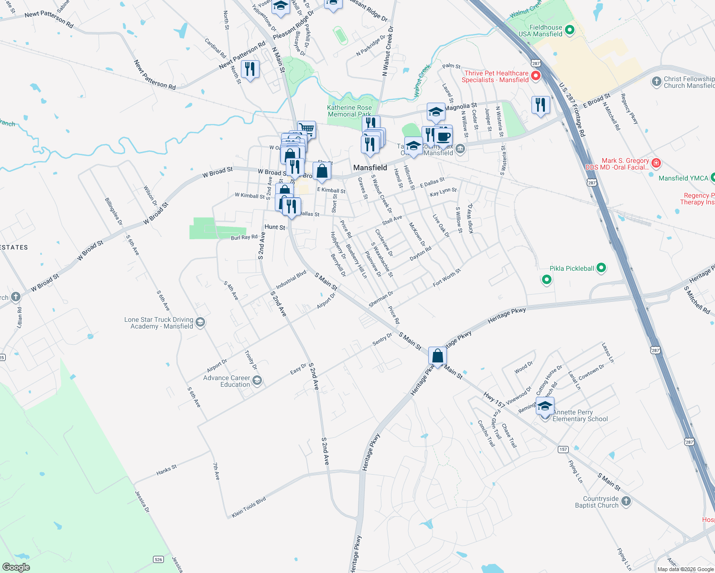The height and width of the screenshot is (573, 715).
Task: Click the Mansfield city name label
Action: click(x=370, y=168)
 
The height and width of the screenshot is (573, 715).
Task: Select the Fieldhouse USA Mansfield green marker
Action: click(x=569, y=31)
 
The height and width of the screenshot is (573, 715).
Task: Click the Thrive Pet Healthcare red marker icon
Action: click(x=536, y=76)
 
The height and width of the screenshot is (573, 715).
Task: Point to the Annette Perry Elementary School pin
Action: click(x=545, y=407)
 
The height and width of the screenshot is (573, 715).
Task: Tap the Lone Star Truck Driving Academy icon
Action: click(x=200, y=323)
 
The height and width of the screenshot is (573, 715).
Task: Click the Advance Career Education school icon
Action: click(x=257, y=381)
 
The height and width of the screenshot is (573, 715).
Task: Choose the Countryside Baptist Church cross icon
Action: click(x=626, y=501)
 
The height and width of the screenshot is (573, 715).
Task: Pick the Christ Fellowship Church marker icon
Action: click(x=656, y=82)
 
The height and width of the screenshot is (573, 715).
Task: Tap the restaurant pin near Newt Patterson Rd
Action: click(x=249, y=69)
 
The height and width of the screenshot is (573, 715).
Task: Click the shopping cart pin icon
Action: click(x=307, y=128)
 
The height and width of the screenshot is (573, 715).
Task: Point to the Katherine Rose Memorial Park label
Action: click(x=349, y=111)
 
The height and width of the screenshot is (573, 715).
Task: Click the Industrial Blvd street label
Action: click(x=291, y=280)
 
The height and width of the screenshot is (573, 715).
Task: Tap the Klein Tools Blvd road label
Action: click(x=249, y=508)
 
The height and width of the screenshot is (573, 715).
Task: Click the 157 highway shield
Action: click(x=563, y=449)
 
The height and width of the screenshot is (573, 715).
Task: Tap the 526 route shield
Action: click(x=158, y=559)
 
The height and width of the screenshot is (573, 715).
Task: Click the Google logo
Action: click(x=16, y=567)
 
